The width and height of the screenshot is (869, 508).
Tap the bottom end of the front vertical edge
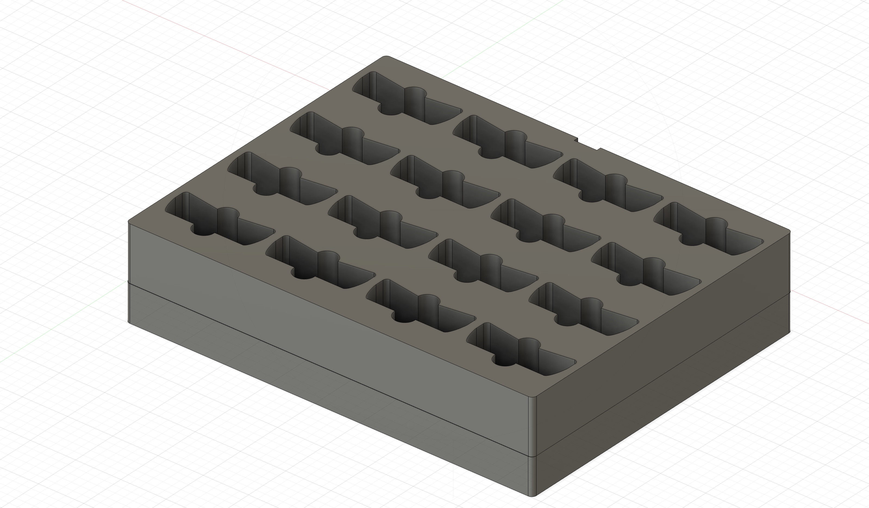click(x=533, y=496)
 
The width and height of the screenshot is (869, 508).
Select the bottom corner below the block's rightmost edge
click(x=789, y=331)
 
